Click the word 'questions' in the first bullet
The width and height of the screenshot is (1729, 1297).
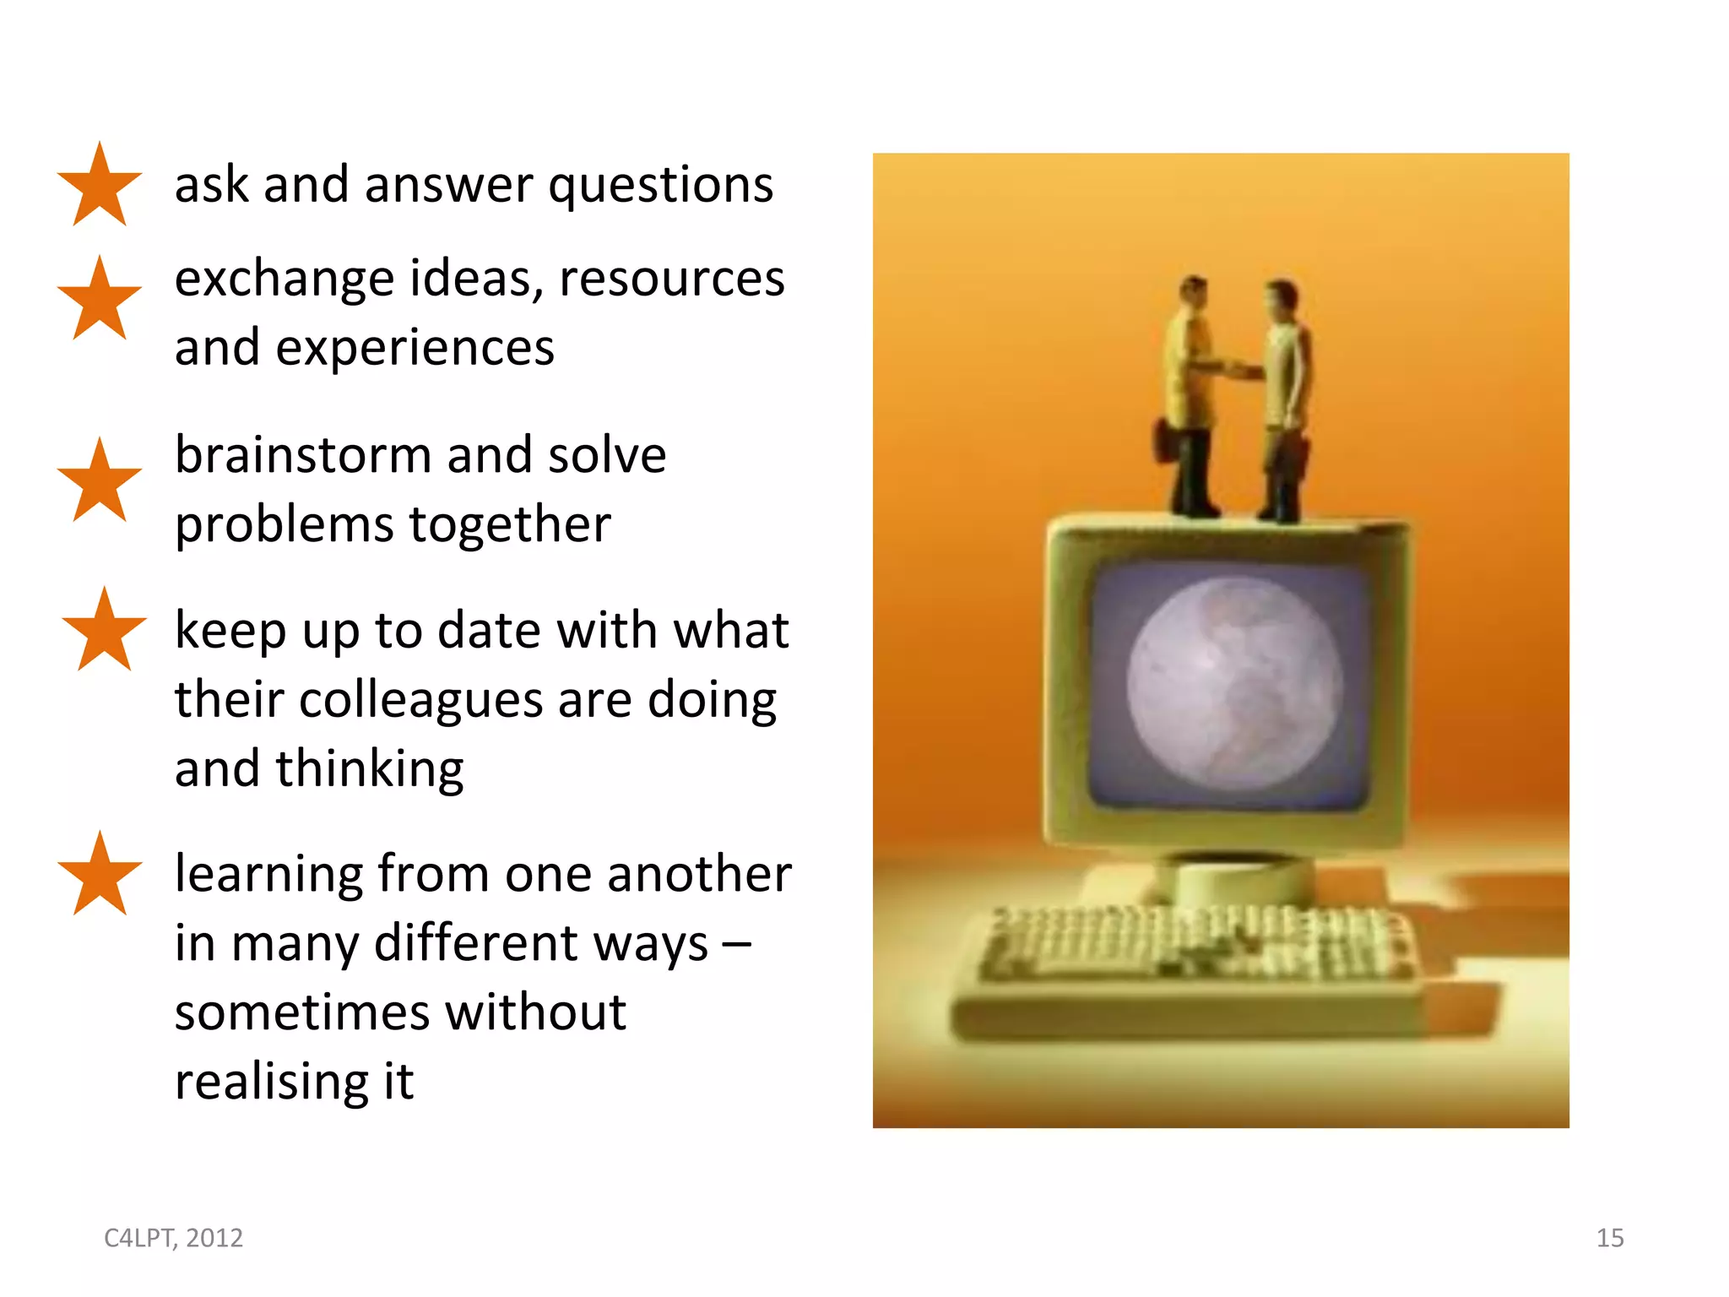(661, 186)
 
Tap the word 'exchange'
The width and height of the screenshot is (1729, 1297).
(285, 279)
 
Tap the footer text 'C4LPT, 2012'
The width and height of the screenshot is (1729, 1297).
(173, 1238)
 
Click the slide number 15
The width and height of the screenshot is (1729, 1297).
(1609, 1238)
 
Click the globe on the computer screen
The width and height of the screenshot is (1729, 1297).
(1233, 683)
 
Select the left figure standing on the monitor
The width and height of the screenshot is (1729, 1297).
(1188, 397)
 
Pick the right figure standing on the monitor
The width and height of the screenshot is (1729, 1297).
(1285, 397)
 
